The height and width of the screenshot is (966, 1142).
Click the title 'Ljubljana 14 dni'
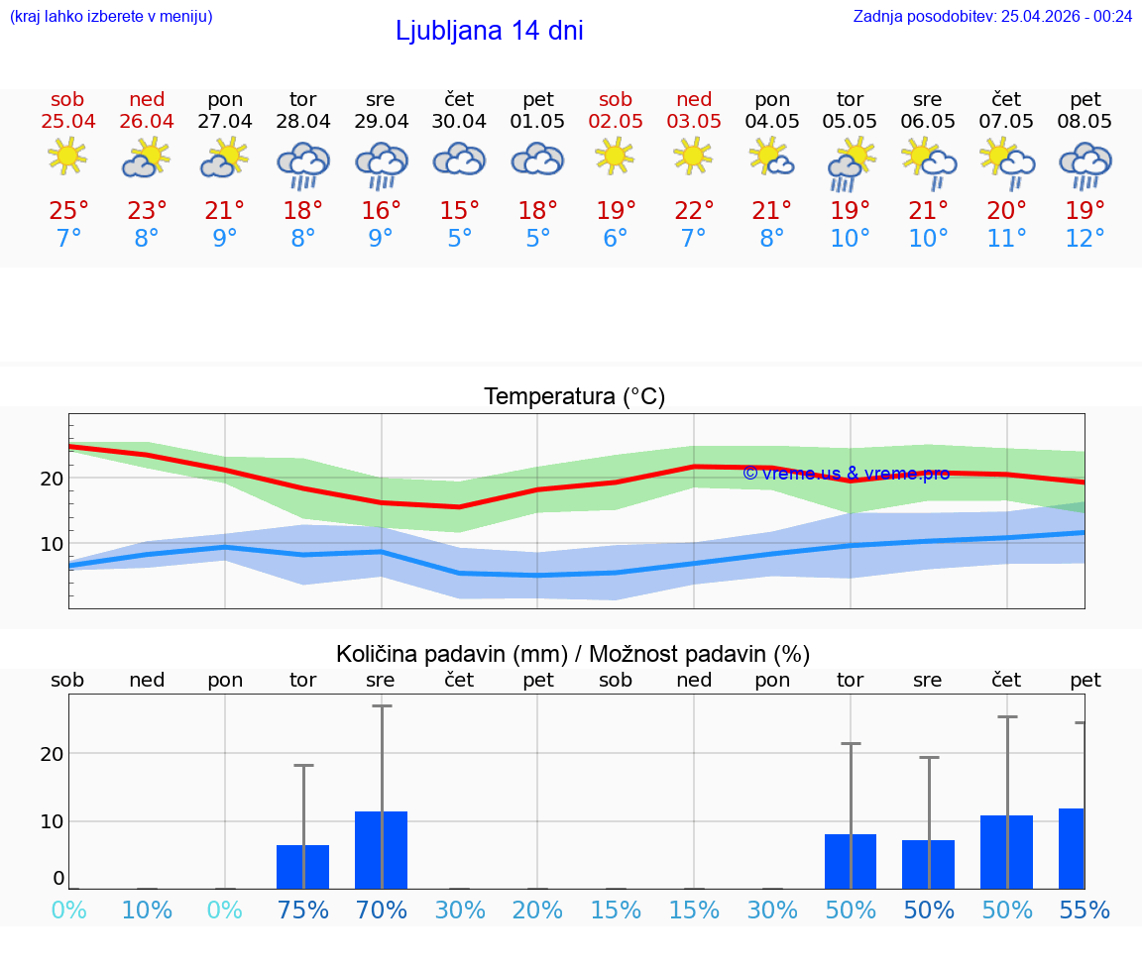click(489, 31)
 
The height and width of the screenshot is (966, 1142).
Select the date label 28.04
click(302, 121)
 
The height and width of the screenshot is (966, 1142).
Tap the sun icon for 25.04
click(67, 157)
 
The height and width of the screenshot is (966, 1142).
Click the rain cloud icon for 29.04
click(381, 164)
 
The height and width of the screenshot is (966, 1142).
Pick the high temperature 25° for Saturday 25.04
click(68, 210)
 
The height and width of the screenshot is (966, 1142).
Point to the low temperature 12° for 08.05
click(1085, 239)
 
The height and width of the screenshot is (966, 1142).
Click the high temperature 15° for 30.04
click(459, 210)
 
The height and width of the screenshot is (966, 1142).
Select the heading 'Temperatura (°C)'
click(574, 397)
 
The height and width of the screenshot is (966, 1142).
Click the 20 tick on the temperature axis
click(52, 478)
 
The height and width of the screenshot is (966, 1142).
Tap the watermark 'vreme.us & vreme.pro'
click(846, 474)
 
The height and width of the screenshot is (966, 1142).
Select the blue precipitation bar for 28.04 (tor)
click(302, 867)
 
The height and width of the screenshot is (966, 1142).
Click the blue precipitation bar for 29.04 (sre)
click(381, 850)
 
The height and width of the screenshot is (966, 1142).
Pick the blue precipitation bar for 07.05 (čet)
click(1006, 852)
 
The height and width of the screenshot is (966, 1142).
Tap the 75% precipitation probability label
click(302, 910)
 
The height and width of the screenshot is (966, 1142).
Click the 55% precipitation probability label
click(1085, 910)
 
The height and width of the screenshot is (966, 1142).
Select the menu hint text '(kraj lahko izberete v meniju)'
click(111, 16)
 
